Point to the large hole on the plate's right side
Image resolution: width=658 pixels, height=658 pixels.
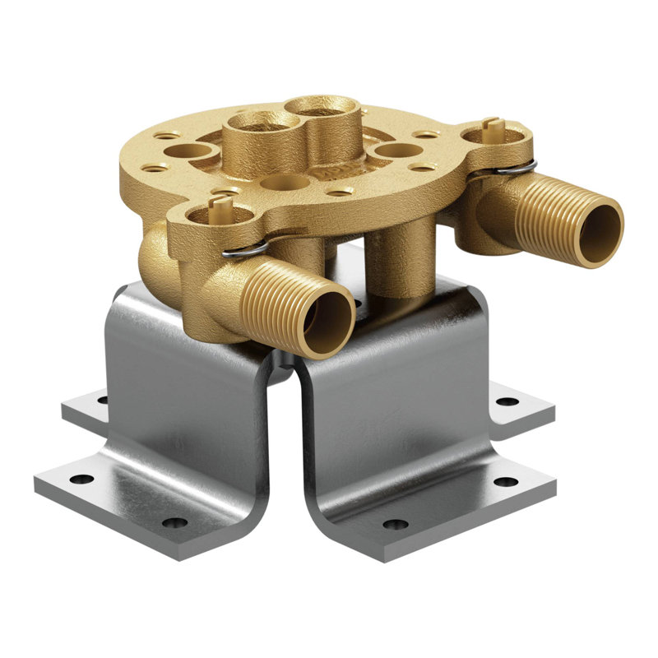point(398,151)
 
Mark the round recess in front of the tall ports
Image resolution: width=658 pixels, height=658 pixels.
point(284,183)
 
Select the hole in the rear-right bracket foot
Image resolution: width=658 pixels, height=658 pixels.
point(508,401)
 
